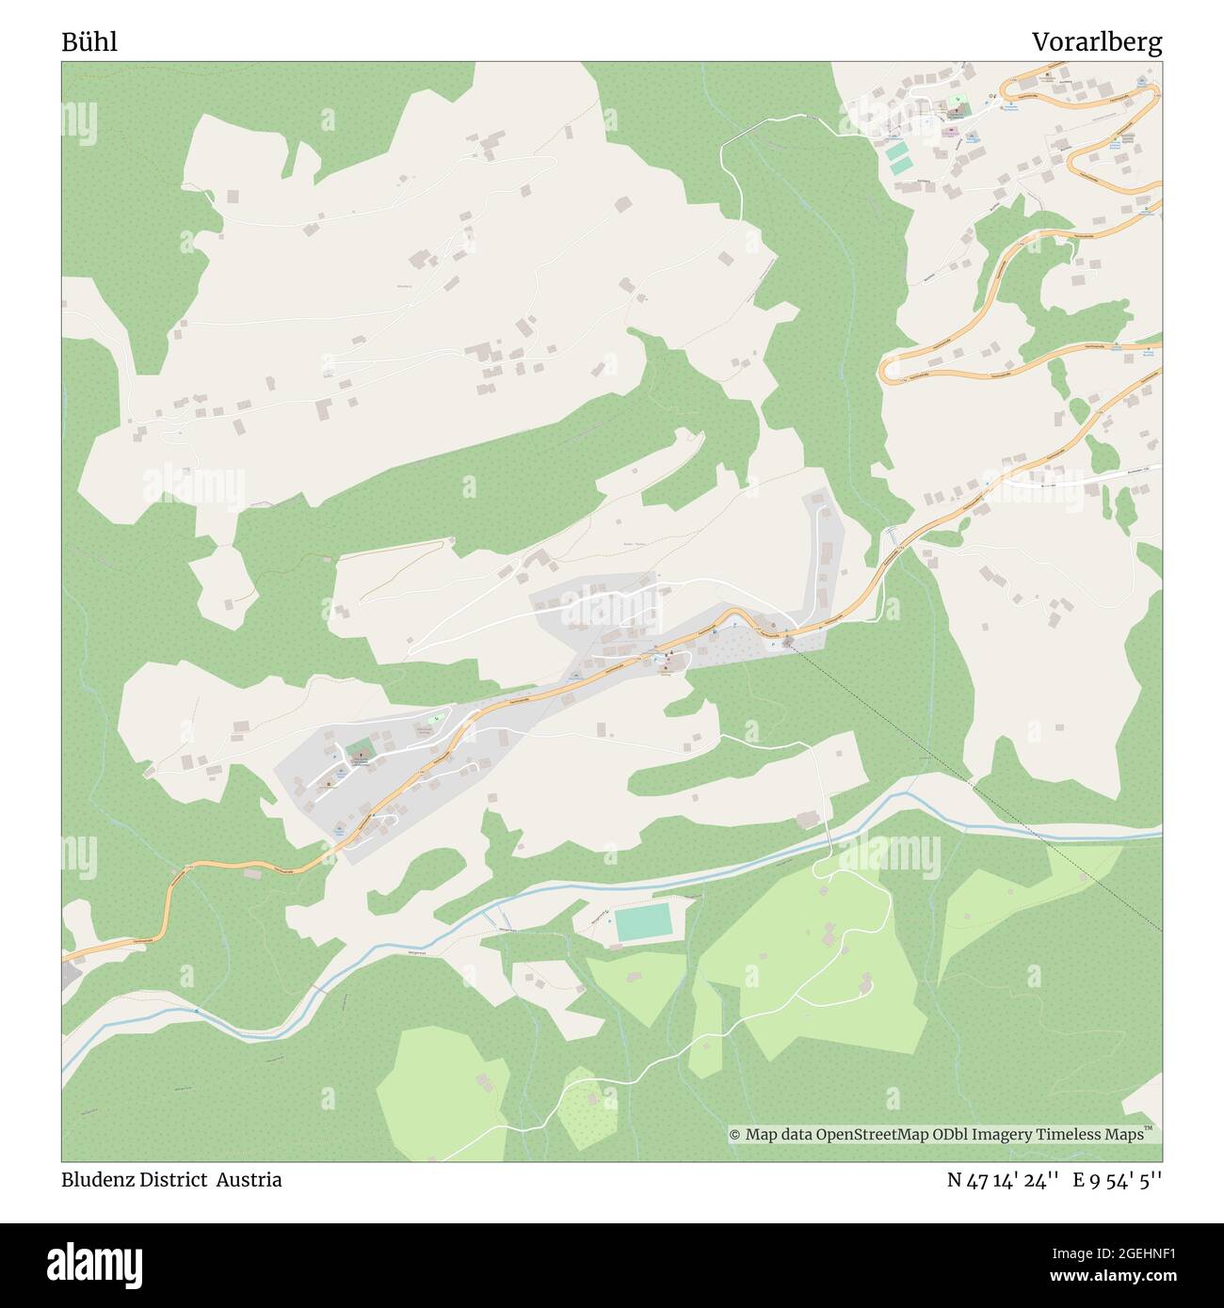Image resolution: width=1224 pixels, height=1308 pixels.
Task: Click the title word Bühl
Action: [x=89, y=42]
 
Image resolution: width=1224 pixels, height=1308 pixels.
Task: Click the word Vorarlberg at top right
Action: [x=1096, y=42]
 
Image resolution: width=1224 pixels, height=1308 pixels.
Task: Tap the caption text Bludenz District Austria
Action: [x=171, y=1180]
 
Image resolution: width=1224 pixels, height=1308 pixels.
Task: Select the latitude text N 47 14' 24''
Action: [x=1006, y=1180]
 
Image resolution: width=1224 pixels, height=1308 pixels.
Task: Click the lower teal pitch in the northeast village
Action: [x=902, y=166]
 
